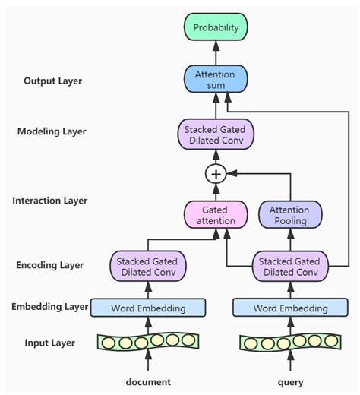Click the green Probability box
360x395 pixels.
[216, 28]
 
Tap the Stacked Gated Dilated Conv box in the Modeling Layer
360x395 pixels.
[216, 135]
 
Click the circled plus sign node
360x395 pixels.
[216, 174]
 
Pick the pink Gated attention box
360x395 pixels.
[216, 215]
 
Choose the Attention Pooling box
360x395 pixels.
[289, 215]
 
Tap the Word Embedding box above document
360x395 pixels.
[149, 308]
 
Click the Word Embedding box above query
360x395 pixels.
[289, 308]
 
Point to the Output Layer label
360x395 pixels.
[53, 81]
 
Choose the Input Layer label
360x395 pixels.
[49, 343]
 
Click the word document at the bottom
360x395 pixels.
[149, 382]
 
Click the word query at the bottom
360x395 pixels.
[289, 382]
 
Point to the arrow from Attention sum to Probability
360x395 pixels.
[216, 53]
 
